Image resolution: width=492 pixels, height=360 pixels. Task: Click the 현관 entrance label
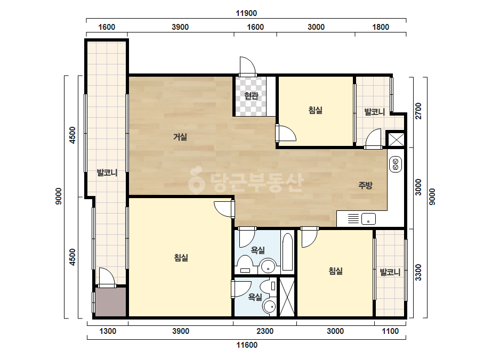pyautogui.click(x=252, y=96)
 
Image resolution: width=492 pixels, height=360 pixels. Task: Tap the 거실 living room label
pyautogui.click(x=180, y=137)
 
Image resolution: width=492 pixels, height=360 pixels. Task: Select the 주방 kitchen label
pyautogui.click(x=365, y=185)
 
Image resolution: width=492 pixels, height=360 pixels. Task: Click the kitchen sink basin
pyautogui.click(x=368, y=218)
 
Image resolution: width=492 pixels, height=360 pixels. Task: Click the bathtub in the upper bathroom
pyautogui.click(x=287, y=252)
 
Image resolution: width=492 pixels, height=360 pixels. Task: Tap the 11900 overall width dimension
pyautogui.click(x=246, y=13)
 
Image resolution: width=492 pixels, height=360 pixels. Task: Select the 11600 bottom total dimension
pyautogui.click(x=247, y=345)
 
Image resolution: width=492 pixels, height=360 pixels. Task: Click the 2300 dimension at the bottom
pyautogui.click(x=265, y=331)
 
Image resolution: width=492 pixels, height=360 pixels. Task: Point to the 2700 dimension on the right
pyautogui.click(x=418, y=111)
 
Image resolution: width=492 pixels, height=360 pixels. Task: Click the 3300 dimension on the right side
pyautogui.click(x=418, y=272)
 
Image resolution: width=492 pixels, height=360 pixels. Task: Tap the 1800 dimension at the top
pyautogui.click(x=381, y=27)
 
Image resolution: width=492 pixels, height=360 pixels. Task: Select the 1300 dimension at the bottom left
pyautogui.click(x=108, y=331)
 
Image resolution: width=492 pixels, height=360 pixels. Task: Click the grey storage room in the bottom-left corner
pyautogui.click(x=111, y=302)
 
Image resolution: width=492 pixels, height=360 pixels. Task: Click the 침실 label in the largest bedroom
pyautogui.click(x=181, y=258)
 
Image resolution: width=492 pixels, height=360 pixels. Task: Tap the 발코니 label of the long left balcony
pyautogui.click(x=107, y=173)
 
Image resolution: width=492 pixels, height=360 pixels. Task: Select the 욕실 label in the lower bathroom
pyautogui.click(x=255, y=297)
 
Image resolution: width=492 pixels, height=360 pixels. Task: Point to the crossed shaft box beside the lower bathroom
pyautogui.click(x=287, y=297)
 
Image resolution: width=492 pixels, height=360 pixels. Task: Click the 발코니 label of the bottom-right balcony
pyautogui.click(x=390, y=272)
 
